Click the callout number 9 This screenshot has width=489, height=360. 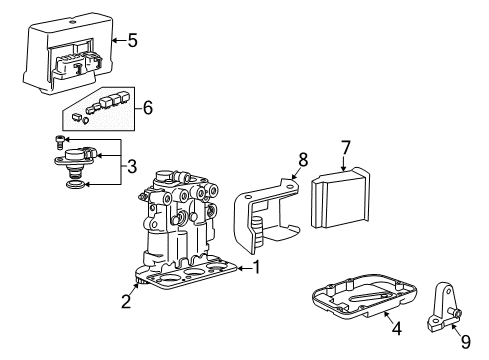(x=466, y=340)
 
